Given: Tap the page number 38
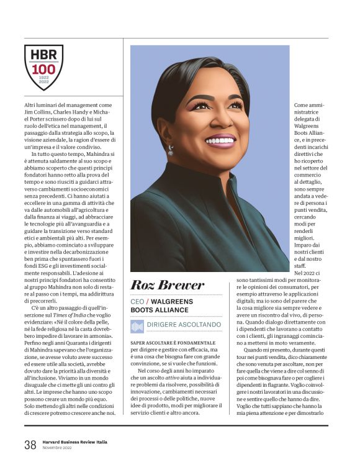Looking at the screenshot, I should click(30, 445).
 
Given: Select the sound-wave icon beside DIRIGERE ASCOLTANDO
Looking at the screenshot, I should click(137, 326).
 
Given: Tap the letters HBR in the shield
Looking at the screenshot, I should click(43, 55).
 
